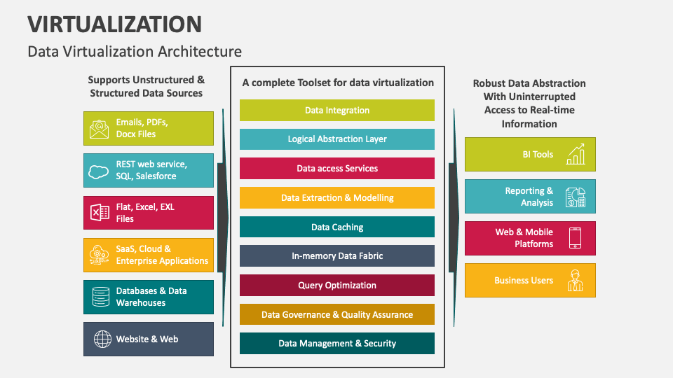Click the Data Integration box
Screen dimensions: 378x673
point(337,111)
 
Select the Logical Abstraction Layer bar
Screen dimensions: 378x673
point(337,139)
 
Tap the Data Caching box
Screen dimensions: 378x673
point(337,227)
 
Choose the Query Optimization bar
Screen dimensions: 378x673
point(337,286)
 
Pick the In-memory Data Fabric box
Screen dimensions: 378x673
point(337,256)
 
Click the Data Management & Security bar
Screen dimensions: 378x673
point(337,344)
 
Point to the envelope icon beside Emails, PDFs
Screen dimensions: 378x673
point(100,129)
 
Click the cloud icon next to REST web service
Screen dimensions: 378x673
point(100,171)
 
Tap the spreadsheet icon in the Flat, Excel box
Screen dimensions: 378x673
point(100,213)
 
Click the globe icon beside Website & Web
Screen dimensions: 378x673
point(102,339)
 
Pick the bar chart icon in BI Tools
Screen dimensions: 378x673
point(576,154)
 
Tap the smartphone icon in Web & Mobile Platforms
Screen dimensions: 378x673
point(576,238)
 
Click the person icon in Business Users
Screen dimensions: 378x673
point(576,281)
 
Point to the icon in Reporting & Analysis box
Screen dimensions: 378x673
point(576,197)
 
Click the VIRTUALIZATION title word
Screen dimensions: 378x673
point(115,24)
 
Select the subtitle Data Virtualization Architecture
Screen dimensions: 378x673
point(135,52)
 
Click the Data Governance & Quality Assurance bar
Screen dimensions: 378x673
point(337,314)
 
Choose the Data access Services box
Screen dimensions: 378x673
point(337,169)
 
